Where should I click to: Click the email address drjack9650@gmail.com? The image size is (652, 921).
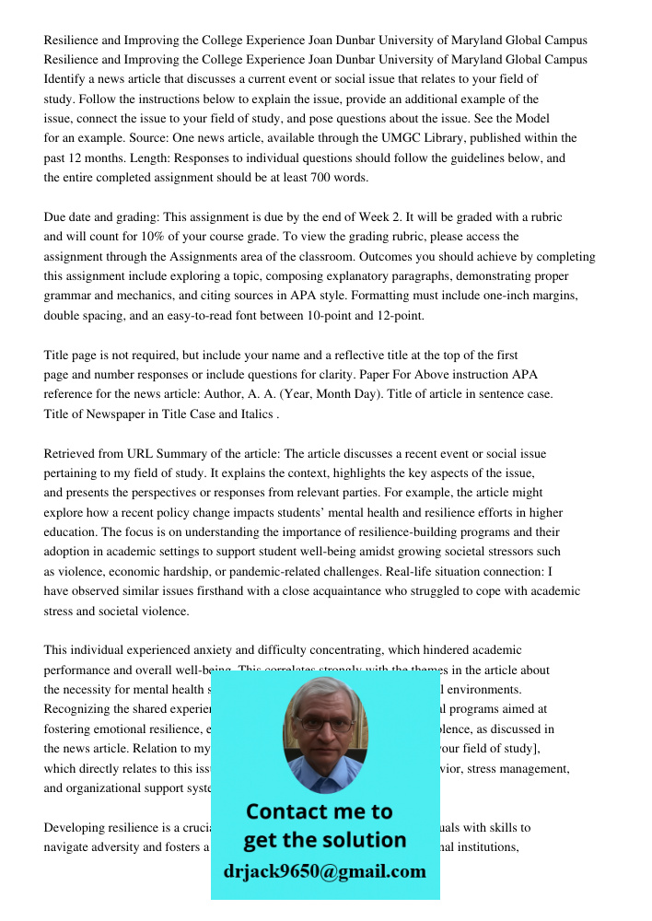324,871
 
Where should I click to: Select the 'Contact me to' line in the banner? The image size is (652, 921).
319,811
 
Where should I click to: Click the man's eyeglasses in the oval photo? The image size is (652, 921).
324,723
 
